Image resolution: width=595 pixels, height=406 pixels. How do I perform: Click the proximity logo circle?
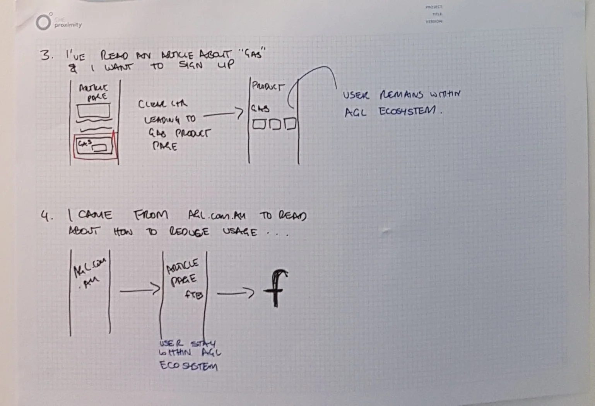pos(43,22)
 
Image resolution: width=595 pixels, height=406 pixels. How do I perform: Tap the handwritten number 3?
pos(46,55)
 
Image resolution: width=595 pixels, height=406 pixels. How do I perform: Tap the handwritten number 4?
pos(46,216)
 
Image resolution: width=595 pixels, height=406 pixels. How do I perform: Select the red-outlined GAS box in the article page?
pos(95,146)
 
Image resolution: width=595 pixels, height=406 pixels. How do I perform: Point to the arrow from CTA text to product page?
pos(223,114)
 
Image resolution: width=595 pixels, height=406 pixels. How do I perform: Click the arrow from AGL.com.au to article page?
pos(140,290)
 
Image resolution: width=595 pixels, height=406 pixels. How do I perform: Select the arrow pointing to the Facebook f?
pos(235,294)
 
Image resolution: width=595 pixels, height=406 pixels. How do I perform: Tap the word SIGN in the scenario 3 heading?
pos(190,65)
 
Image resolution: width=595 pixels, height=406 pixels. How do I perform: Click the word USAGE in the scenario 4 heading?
pos(240,232)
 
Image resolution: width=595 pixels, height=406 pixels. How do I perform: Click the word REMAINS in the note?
pos(401,95)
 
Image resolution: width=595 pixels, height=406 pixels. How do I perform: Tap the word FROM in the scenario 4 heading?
pos(150,214)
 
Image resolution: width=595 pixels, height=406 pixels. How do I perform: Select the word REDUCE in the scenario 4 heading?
pos(189,232)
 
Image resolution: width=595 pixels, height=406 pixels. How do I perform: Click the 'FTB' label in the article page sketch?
pos(193,295)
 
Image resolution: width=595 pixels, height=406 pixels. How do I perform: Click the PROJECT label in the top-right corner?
pos(434,7)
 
